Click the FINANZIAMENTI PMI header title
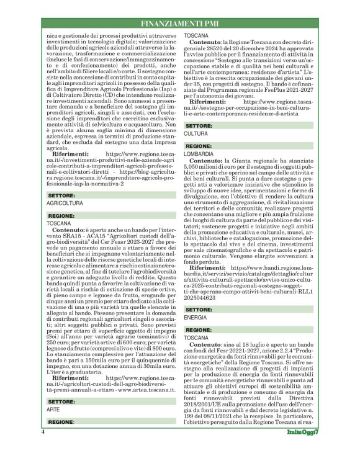click(179, 23)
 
